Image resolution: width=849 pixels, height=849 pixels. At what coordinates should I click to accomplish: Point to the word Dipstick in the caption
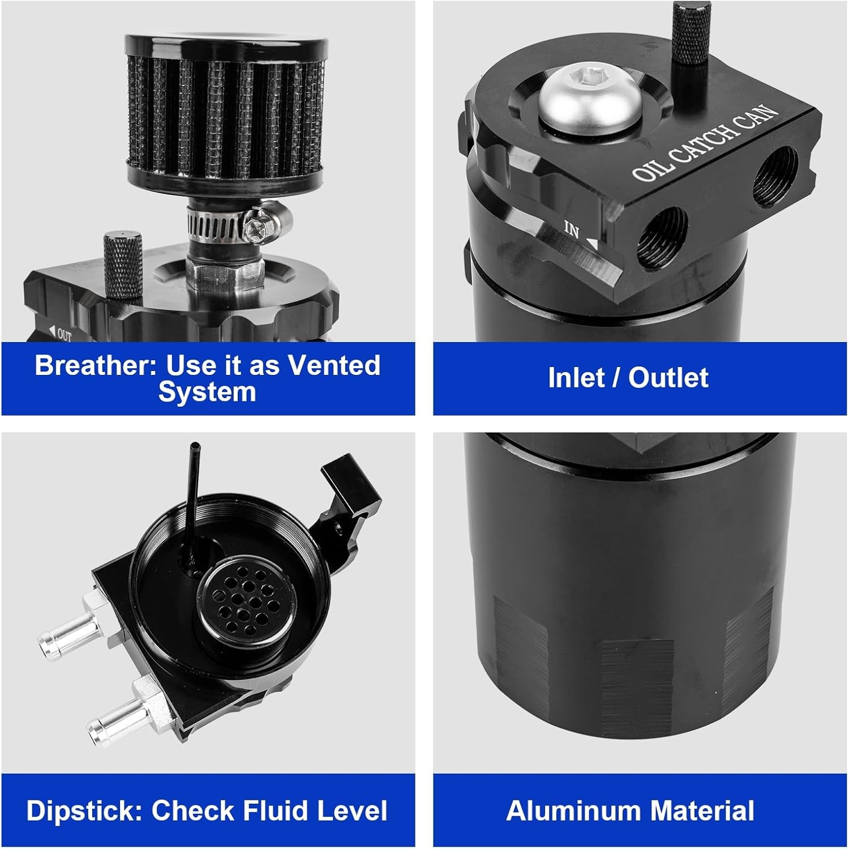[84, 810]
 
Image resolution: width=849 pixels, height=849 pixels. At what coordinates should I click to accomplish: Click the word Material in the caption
[701, 810]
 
